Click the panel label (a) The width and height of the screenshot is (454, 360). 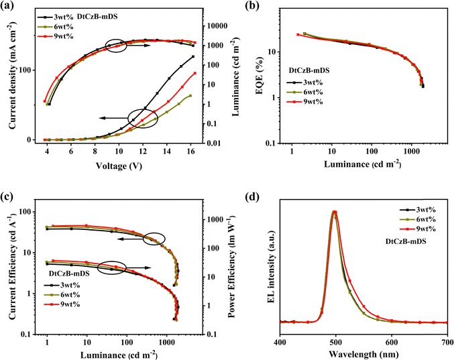pos(7,6)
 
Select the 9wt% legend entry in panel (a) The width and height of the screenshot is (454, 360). pos(55,36)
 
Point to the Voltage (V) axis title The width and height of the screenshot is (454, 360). pos(119,166)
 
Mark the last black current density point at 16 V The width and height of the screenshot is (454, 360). pos(193,56)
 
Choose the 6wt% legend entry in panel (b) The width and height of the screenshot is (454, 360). pos(305,92)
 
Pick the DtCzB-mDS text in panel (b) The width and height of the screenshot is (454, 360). pos(309,70)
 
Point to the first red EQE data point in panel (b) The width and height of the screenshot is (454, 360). pos(298,35)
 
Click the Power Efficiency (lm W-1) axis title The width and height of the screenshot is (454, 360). pos(233,266)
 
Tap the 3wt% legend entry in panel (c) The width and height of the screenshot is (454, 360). pos(62,285)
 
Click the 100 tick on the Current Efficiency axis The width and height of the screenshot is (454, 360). pos(25,212)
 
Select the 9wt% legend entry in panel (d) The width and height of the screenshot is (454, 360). pos(418,229)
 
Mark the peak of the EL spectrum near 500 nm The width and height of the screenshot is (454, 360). pos(334,211)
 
